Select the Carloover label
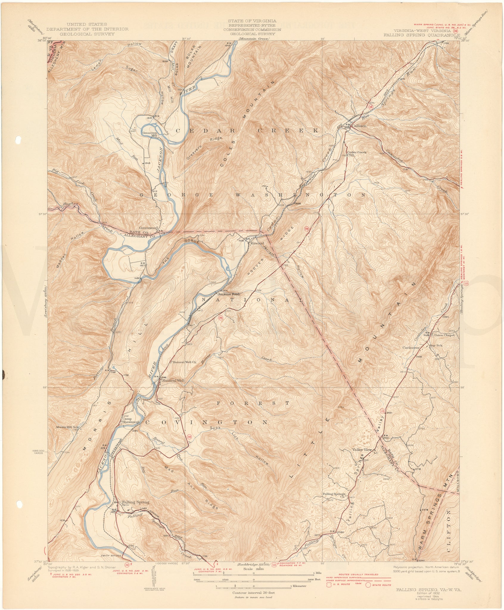pos(411,348)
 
